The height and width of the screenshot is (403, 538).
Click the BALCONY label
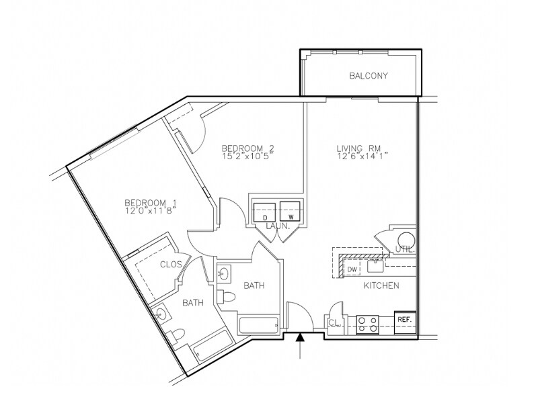tap(369, 76)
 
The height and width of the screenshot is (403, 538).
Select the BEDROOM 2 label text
tap(247, 148)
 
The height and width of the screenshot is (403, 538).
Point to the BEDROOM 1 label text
tap(150, 203)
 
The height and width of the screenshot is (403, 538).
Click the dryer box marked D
tap(264, 212)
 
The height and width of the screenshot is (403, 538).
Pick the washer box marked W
tap(291, 212)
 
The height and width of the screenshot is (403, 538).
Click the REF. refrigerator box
tap(404, 320)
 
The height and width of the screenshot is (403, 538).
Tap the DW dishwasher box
tap(353, 269)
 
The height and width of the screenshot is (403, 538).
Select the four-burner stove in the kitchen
tap(367, 324)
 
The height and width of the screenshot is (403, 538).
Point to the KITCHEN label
tap(381, 285)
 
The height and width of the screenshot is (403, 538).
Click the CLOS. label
tap(171, 264)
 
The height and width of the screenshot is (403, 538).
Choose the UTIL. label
tap(405, 249)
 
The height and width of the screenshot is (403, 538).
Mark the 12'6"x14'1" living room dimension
tap(362, 156)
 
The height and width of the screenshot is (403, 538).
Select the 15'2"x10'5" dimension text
tap(247, 156)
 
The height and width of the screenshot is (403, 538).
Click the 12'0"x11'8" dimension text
tap(150, 211)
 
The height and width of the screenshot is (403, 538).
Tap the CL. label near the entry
tap(335, 322)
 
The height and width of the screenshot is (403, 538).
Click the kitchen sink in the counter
tap(376, 265)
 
